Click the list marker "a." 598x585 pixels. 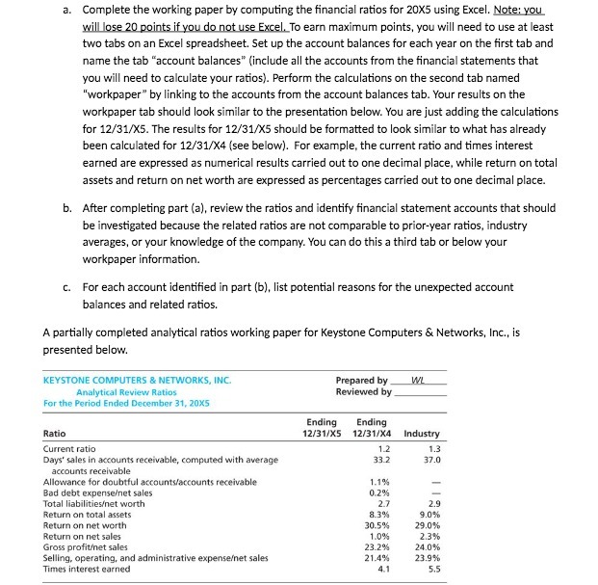[63, 11]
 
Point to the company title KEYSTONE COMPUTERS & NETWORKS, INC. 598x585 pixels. [138, 380]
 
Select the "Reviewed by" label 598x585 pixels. [362, 392]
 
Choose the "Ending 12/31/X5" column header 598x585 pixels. [322, 428]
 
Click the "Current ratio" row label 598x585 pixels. [70, 449]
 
